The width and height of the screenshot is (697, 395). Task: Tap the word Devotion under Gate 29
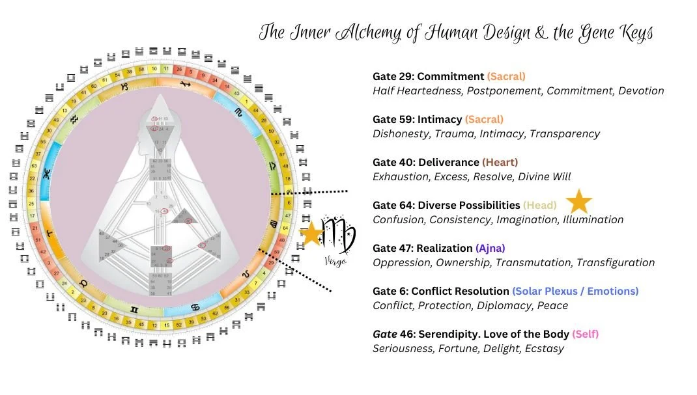coord(641,91)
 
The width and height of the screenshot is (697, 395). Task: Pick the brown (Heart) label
coord(500,162)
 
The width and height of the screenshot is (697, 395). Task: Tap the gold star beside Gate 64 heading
coord(578,202)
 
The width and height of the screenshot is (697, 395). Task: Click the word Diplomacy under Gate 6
coord(504,306)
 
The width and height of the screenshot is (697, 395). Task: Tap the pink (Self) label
coord(585,334)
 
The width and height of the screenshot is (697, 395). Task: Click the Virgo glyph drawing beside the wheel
coord(340,234)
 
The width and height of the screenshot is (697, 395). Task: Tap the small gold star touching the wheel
coord(313,234)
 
